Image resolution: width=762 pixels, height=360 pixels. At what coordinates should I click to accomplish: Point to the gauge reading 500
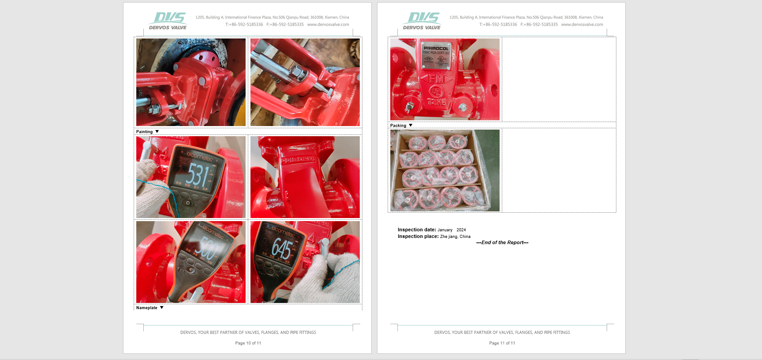point(208,248)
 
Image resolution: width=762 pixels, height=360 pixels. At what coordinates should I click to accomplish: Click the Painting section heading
point(145,132)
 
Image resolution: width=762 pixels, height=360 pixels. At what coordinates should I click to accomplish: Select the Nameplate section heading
point(147,308)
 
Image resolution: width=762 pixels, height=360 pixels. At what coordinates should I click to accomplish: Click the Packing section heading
point(398,126)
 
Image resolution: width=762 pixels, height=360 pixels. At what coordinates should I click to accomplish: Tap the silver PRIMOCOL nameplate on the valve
point(436,56)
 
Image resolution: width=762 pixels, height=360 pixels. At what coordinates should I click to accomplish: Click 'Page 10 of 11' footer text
point(248,343)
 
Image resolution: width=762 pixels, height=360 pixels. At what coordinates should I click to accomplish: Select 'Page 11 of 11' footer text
point(502,343)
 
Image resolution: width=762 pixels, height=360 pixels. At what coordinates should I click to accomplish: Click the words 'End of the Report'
point(502,243)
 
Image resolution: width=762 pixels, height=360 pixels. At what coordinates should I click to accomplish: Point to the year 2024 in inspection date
point(461,230)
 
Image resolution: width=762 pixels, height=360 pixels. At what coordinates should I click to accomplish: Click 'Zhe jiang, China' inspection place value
point(455,237)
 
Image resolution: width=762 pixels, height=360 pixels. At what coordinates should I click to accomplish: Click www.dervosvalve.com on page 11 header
point(582,25)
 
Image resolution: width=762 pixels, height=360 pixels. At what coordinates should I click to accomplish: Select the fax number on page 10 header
point(285,25)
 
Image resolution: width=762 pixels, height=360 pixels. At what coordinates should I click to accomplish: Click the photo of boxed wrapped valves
point(445,170)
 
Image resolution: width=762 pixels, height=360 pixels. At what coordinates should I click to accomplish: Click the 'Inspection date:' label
point(417,230)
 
